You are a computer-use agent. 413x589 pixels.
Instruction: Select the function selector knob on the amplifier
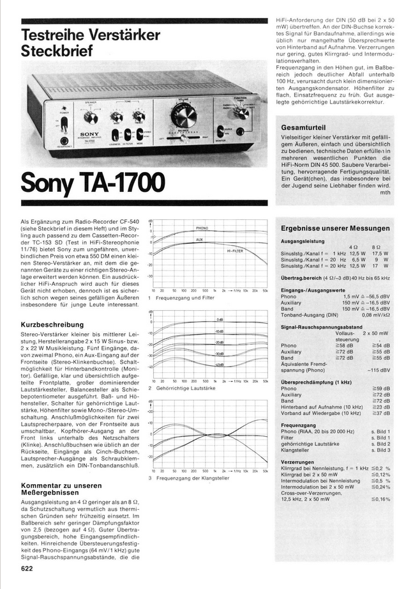(x=241, y=113)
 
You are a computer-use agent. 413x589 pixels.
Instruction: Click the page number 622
(x=27, y=568)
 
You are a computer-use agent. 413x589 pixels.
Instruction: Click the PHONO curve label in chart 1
(x=202, y=228)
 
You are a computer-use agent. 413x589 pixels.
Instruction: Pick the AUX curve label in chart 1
(x=200, y=240)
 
